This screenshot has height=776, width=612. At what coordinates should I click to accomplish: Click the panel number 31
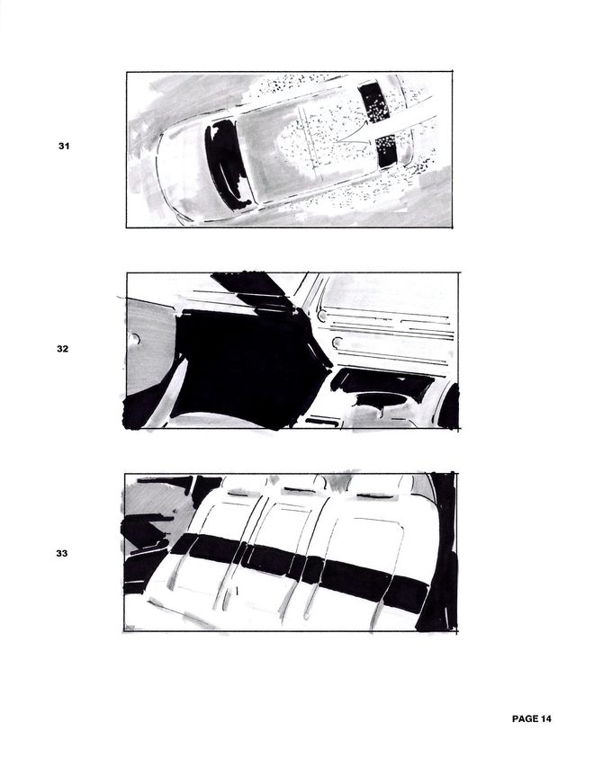(64, 146)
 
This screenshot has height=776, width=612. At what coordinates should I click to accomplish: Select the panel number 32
(62, 349)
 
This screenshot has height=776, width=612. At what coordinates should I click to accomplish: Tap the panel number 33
(62, 553)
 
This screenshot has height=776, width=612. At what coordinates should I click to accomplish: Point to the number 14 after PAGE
(545, 718)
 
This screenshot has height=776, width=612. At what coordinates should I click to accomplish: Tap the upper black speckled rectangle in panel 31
(374, 103)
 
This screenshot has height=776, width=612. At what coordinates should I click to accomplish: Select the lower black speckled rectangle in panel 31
(387, 151)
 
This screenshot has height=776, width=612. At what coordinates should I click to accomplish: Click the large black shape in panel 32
(247, 366)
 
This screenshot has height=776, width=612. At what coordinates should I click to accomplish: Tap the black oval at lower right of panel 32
(381, 399)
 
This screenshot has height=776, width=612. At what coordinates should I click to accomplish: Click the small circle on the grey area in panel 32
(134, 340)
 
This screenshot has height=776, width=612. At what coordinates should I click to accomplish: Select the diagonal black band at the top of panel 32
(253, 290)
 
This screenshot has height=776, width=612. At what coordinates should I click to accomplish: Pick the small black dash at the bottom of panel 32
(322, 422)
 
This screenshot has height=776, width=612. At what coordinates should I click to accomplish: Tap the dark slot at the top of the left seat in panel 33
(238, 494)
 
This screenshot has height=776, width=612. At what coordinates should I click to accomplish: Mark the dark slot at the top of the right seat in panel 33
(374, 495)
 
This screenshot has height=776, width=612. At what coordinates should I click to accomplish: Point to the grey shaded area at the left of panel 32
(148, 346)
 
